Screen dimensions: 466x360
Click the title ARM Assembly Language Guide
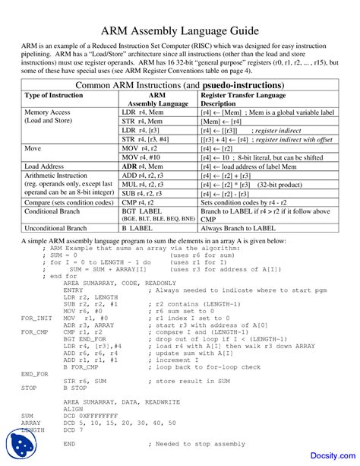pyautogui.click(x=179, y=30)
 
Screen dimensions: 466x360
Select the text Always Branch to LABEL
pyautogui.click(x=239, y=228)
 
